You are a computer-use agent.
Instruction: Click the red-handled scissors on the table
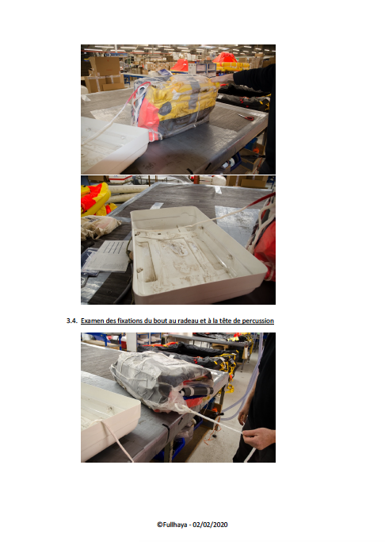[x=246, y=117]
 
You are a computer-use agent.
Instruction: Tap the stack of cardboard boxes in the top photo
[x=105, y=75]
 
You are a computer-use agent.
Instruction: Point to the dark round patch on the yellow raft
[x=165, y=109]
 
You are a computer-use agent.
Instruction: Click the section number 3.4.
[x=72, y=321]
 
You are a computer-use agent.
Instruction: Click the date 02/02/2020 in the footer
[x=210, y=525]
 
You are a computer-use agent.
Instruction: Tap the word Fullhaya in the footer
[x=175, y=525]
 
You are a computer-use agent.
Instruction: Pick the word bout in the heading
[x=160, y=321]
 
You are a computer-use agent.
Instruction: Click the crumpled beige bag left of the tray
[x=99, y=226]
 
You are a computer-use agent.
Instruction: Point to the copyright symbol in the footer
[x=160, y=525]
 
